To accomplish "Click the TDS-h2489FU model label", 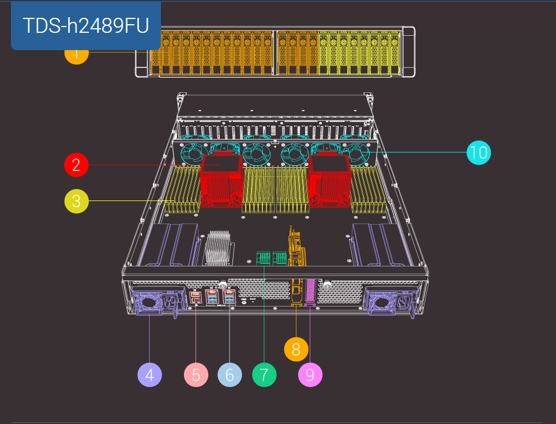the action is coord(86,25).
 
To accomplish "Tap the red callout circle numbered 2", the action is coord(76,165).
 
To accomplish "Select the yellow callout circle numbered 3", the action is coord(77,201).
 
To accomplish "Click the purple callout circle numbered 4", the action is coord(149,375).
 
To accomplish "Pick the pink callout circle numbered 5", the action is coord(196,375).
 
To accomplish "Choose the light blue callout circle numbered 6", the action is coord(230,375).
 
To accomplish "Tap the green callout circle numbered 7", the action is coord(264,375).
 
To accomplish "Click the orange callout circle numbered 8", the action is coord(296,349).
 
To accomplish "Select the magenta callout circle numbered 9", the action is coord(310,375).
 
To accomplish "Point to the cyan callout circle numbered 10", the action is coord(479,153).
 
